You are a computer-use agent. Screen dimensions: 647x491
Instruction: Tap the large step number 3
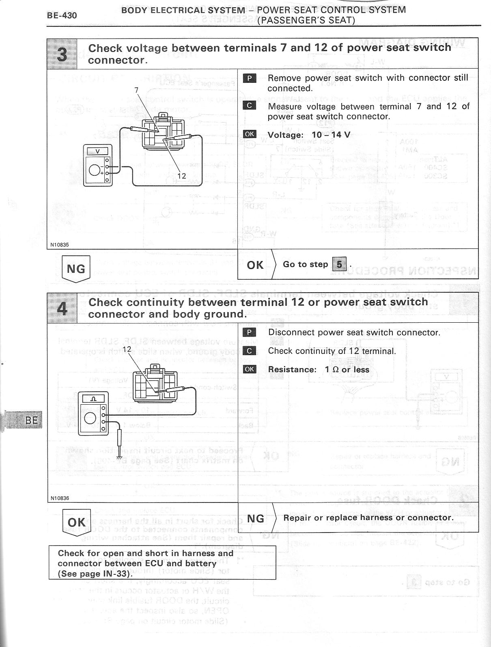62,54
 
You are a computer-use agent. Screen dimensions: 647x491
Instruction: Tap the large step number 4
62,308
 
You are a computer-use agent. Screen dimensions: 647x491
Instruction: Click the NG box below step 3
75,268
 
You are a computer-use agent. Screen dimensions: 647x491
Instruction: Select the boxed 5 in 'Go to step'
339,265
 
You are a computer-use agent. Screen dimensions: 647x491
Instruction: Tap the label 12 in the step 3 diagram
181,176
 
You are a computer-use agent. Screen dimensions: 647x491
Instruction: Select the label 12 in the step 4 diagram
127,349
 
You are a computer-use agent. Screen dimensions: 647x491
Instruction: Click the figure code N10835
60,245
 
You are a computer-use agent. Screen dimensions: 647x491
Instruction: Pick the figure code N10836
60,498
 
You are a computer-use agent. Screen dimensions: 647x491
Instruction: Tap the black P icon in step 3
250,78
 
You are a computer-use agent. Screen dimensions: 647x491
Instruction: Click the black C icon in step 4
250,351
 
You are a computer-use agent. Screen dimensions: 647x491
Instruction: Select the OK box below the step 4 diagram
77,522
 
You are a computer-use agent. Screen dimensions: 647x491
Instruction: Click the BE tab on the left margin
31,420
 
